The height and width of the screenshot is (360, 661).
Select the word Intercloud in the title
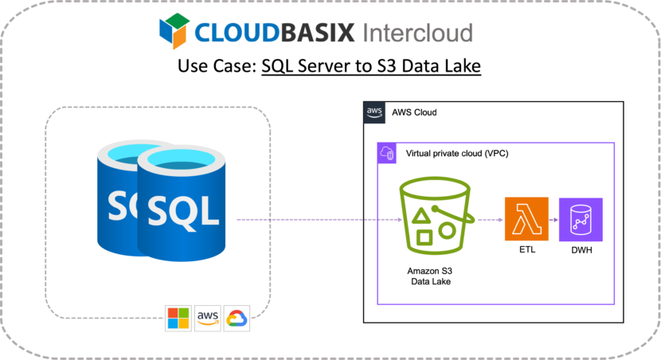click(x=417, y=33)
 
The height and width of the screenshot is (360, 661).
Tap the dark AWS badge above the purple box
click(x=374, y=113)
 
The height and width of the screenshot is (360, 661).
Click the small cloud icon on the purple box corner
click(x=387, y=153)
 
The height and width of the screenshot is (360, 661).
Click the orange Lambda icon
click(x=526, y=219)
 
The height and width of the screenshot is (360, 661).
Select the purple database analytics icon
click(x=581, y=219)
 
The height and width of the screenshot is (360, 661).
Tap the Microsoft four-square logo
click(x=178, y=318)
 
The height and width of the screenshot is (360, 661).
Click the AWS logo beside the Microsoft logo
click(x=207, y=318)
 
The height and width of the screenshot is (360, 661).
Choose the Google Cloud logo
click(x=237, y=318)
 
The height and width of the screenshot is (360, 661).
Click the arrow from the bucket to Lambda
click(x=488, y=219)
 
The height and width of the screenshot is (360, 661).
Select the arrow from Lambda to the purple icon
click(x=554, y=219)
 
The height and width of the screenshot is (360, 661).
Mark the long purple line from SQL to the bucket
click(x=311, y=219)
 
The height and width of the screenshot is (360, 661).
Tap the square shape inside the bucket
click(x=425, y=237)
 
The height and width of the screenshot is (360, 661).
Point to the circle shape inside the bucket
click(x=448, y=230)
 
